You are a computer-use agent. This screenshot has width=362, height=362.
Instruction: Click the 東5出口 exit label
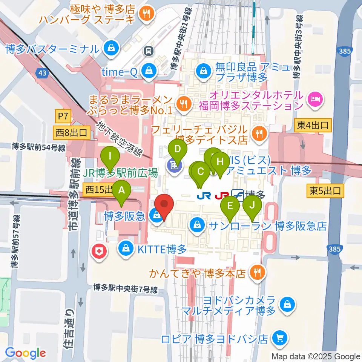coord(325,191)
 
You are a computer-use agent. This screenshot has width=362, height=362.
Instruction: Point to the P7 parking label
coord(63,117)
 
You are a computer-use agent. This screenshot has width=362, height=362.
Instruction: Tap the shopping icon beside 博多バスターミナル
coord(112,48)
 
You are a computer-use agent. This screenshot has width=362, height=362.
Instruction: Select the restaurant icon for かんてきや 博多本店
coord(258,272)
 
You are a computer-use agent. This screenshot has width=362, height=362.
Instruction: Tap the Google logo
coord(26,353)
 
